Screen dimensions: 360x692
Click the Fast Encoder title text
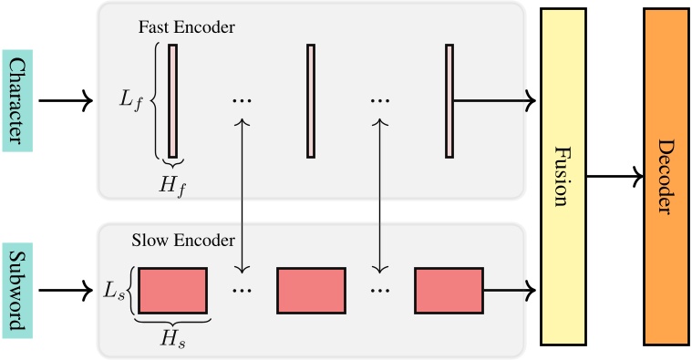coord(186,27)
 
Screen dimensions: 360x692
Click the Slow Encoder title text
coord(183,242)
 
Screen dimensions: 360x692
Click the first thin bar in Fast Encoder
coord(173,100)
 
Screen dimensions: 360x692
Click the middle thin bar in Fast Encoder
coord(311,100)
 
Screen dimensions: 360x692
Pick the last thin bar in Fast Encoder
coord(449,100)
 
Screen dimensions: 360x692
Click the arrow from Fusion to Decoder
coord(615,176)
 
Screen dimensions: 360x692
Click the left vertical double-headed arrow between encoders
coord(243,196)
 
